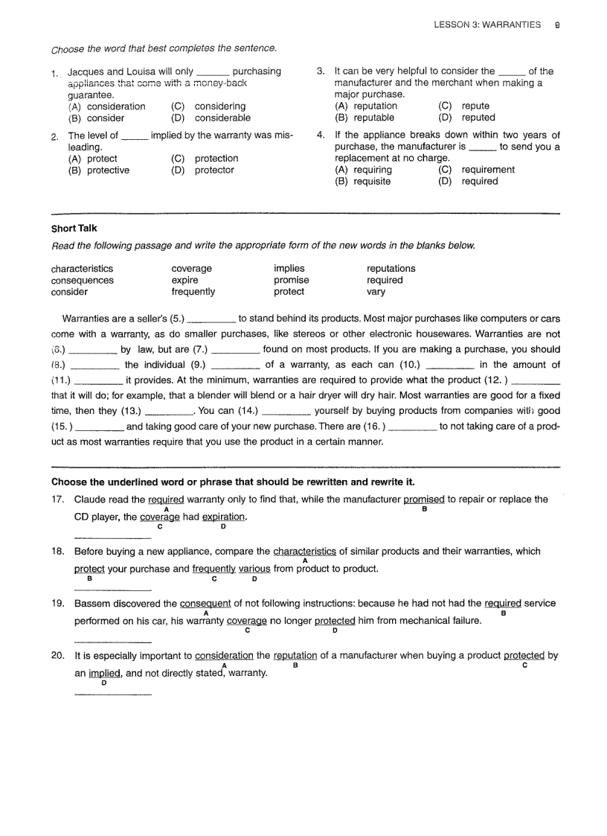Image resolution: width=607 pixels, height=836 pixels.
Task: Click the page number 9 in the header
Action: [x=557, y=25]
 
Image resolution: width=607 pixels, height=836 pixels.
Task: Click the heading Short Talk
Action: [x=74, y=229]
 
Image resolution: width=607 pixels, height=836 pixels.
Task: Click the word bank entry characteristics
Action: [x=82, y=269]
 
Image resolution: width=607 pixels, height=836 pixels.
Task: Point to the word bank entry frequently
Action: [x=193, y=292]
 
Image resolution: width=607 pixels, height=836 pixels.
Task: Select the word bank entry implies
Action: [x=289, y=269]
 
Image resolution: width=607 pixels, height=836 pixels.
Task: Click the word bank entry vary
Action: [x=376, y=292]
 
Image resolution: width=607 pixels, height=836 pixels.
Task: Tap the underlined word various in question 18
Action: [x=254, y=569]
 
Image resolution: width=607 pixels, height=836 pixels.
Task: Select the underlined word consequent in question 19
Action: [x=205, y=604]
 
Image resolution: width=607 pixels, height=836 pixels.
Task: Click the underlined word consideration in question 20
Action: [x=224, y=656]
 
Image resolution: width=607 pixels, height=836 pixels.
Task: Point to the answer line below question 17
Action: [x=112, y=537]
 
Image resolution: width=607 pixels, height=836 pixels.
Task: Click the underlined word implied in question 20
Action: [x=104, y=673]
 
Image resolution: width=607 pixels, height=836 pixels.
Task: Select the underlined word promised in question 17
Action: [x=423, y=500]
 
